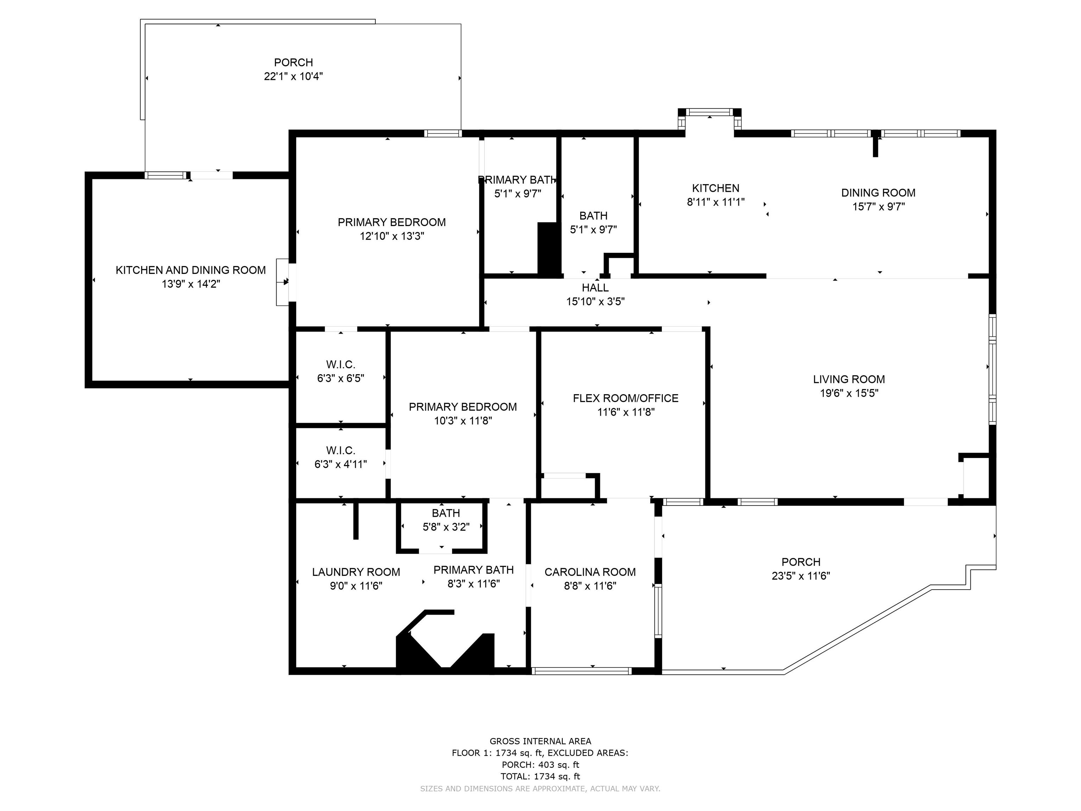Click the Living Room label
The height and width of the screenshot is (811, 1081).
pos(849,379)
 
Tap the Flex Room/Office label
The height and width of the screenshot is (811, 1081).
pos(626,398)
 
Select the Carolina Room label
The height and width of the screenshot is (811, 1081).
pos(590,572)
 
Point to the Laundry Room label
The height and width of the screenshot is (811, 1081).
pos(356,572)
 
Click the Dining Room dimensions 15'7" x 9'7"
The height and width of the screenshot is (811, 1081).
pos(879,207)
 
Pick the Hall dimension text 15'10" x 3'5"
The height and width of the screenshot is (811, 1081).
pos(595,302)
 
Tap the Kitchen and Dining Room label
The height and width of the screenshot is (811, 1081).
pos(191,270)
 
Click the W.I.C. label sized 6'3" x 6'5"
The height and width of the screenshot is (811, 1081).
pos(341,365)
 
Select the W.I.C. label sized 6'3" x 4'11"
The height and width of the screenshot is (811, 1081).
pos(341,451)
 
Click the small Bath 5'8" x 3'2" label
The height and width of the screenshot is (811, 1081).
pos(446,513)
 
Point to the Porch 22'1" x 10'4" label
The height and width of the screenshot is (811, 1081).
pos(293,63)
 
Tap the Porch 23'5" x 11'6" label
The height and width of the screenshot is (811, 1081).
pos(801,562)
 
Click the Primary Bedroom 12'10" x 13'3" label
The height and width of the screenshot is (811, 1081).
pos(391,222)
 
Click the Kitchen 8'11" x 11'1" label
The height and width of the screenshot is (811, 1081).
pos(715,188)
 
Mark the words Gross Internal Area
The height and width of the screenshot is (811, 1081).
pos(540,741)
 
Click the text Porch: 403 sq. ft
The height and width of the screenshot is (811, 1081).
pos(540,765)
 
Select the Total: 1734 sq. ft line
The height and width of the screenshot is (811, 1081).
pos(540,776)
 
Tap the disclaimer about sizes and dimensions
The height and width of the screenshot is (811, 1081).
pos(540,788)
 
